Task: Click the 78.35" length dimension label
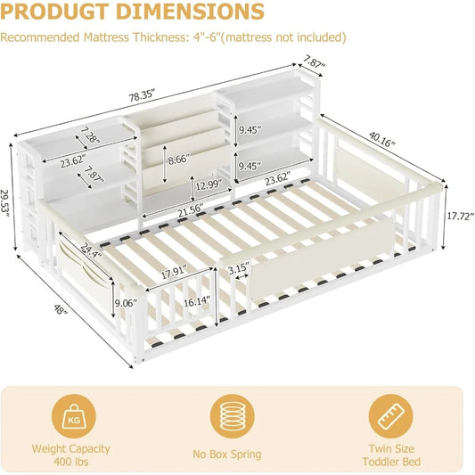tap(142, 95)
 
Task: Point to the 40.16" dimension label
tap(382, 139)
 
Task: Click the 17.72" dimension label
tap(460, 216)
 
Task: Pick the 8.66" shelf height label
tap(180, 159)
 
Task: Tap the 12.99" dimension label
tap(209, 184)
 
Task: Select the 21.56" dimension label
tap(190, 210)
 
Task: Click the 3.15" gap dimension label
tap(239, 268)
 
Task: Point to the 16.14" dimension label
tap(197, 301)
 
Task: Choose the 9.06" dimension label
tap(126, 303)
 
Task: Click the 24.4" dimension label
tap(91, 250)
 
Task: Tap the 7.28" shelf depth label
tap(90, 135)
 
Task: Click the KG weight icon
tap(74, 416)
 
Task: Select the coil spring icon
tap(233, 416)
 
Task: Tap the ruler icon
tap(391, 416)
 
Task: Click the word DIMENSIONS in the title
tap(190, 12)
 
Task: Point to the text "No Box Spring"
tap(227, 455)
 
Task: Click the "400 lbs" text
tap(71, 462)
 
